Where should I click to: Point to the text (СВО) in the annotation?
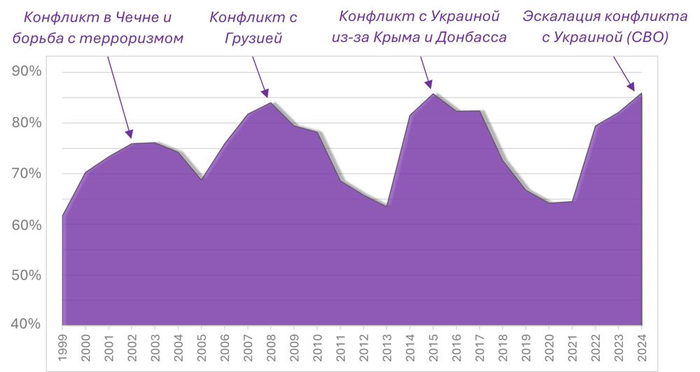(x=646, y=38)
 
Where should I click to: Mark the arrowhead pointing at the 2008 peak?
(x=266, y=94)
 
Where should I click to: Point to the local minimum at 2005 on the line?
(x=202, y=179)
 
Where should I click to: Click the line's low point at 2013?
(x=387, y=207)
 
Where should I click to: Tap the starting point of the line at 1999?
(x=62, y=216)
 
